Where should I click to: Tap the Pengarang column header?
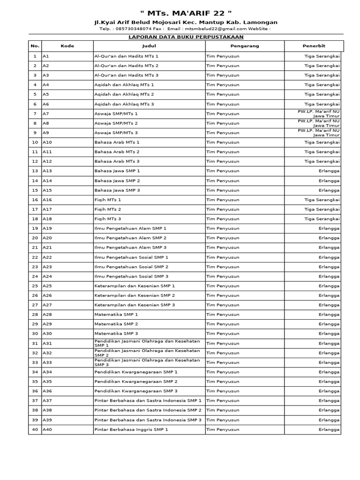[245, 46]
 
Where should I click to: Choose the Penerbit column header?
[314, 46]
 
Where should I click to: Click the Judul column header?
[149, 46]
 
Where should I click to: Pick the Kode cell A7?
[46, 113]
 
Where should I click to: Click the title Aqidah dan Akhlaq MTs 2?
[124, 94]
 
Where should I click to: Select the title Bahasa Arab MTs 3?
[117, 161]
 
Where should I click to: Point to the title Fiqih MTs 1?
[108, 200]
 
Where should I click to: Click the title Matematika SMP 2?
[116, 324]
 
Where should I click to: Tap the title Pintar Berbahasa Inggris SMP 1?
[131, 429]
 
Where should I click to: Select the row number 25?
[35, 285]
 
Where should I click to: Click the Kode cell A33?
[47, 362]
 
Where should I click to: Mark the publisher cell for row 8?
[319, 123]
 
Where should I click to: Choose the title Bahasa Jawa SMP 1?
[117, 171]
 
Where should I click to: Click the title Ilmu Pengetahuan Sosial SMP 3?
[131, 276]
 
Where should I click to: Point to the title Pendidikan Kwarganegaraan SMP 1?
[136, 372]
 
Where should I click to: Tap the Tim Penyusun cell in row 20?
[223, 238]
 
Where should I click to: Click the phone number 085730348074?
[135, 29]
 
